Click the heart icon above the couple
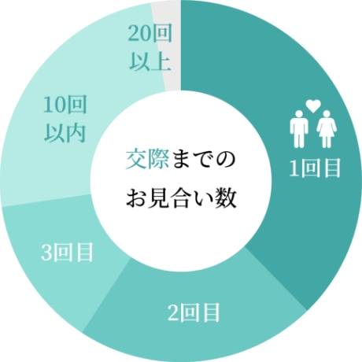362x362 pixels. coord(313,105)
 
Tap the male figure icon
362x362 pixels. coord(299,129)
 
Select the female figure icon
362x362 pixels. coord(327,129)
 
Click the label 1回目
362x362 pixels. coord(315,168)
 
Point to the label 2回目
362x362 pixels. coord(194,312)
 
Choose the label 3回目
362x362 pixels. coord(67,252)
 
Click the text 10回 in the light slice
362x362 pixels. coord(65,105)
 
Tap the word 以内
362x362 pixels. coord(65,133)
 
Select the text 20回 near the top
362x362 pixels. coord(150,34)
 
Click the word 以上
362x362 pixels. coord(150,61)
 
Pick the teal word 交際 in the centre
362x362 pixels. coord(147,159)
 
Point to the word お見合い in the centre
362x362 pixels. coord(169,198)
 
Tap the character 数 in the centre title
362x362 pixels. coord(225,198)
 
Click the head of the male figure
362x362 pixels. coord(299,114)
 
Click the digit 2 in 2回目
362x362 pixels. coord(173,312)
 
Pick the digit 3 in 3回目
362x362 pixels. coord(46,253)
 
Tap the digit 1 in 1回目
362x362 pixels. coord(294,168)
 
